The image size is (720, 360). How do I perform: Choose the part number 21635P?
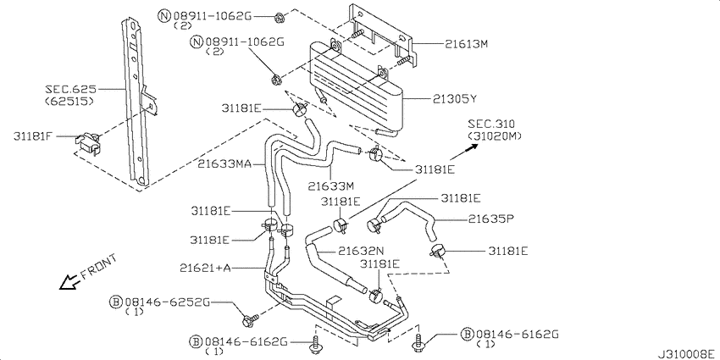(492, 219)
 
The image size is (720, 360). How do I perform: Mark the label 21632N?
(363, 251)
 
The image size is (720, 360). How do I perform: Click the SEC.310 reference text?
(494, 124)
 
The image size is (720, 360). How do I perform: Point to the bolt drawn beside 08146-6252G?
(248, 320)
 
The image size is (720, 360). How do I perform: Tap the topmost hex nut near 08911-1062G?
(280, 16)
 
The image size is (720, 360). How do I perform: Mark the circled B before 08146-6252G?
(114, 302)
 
